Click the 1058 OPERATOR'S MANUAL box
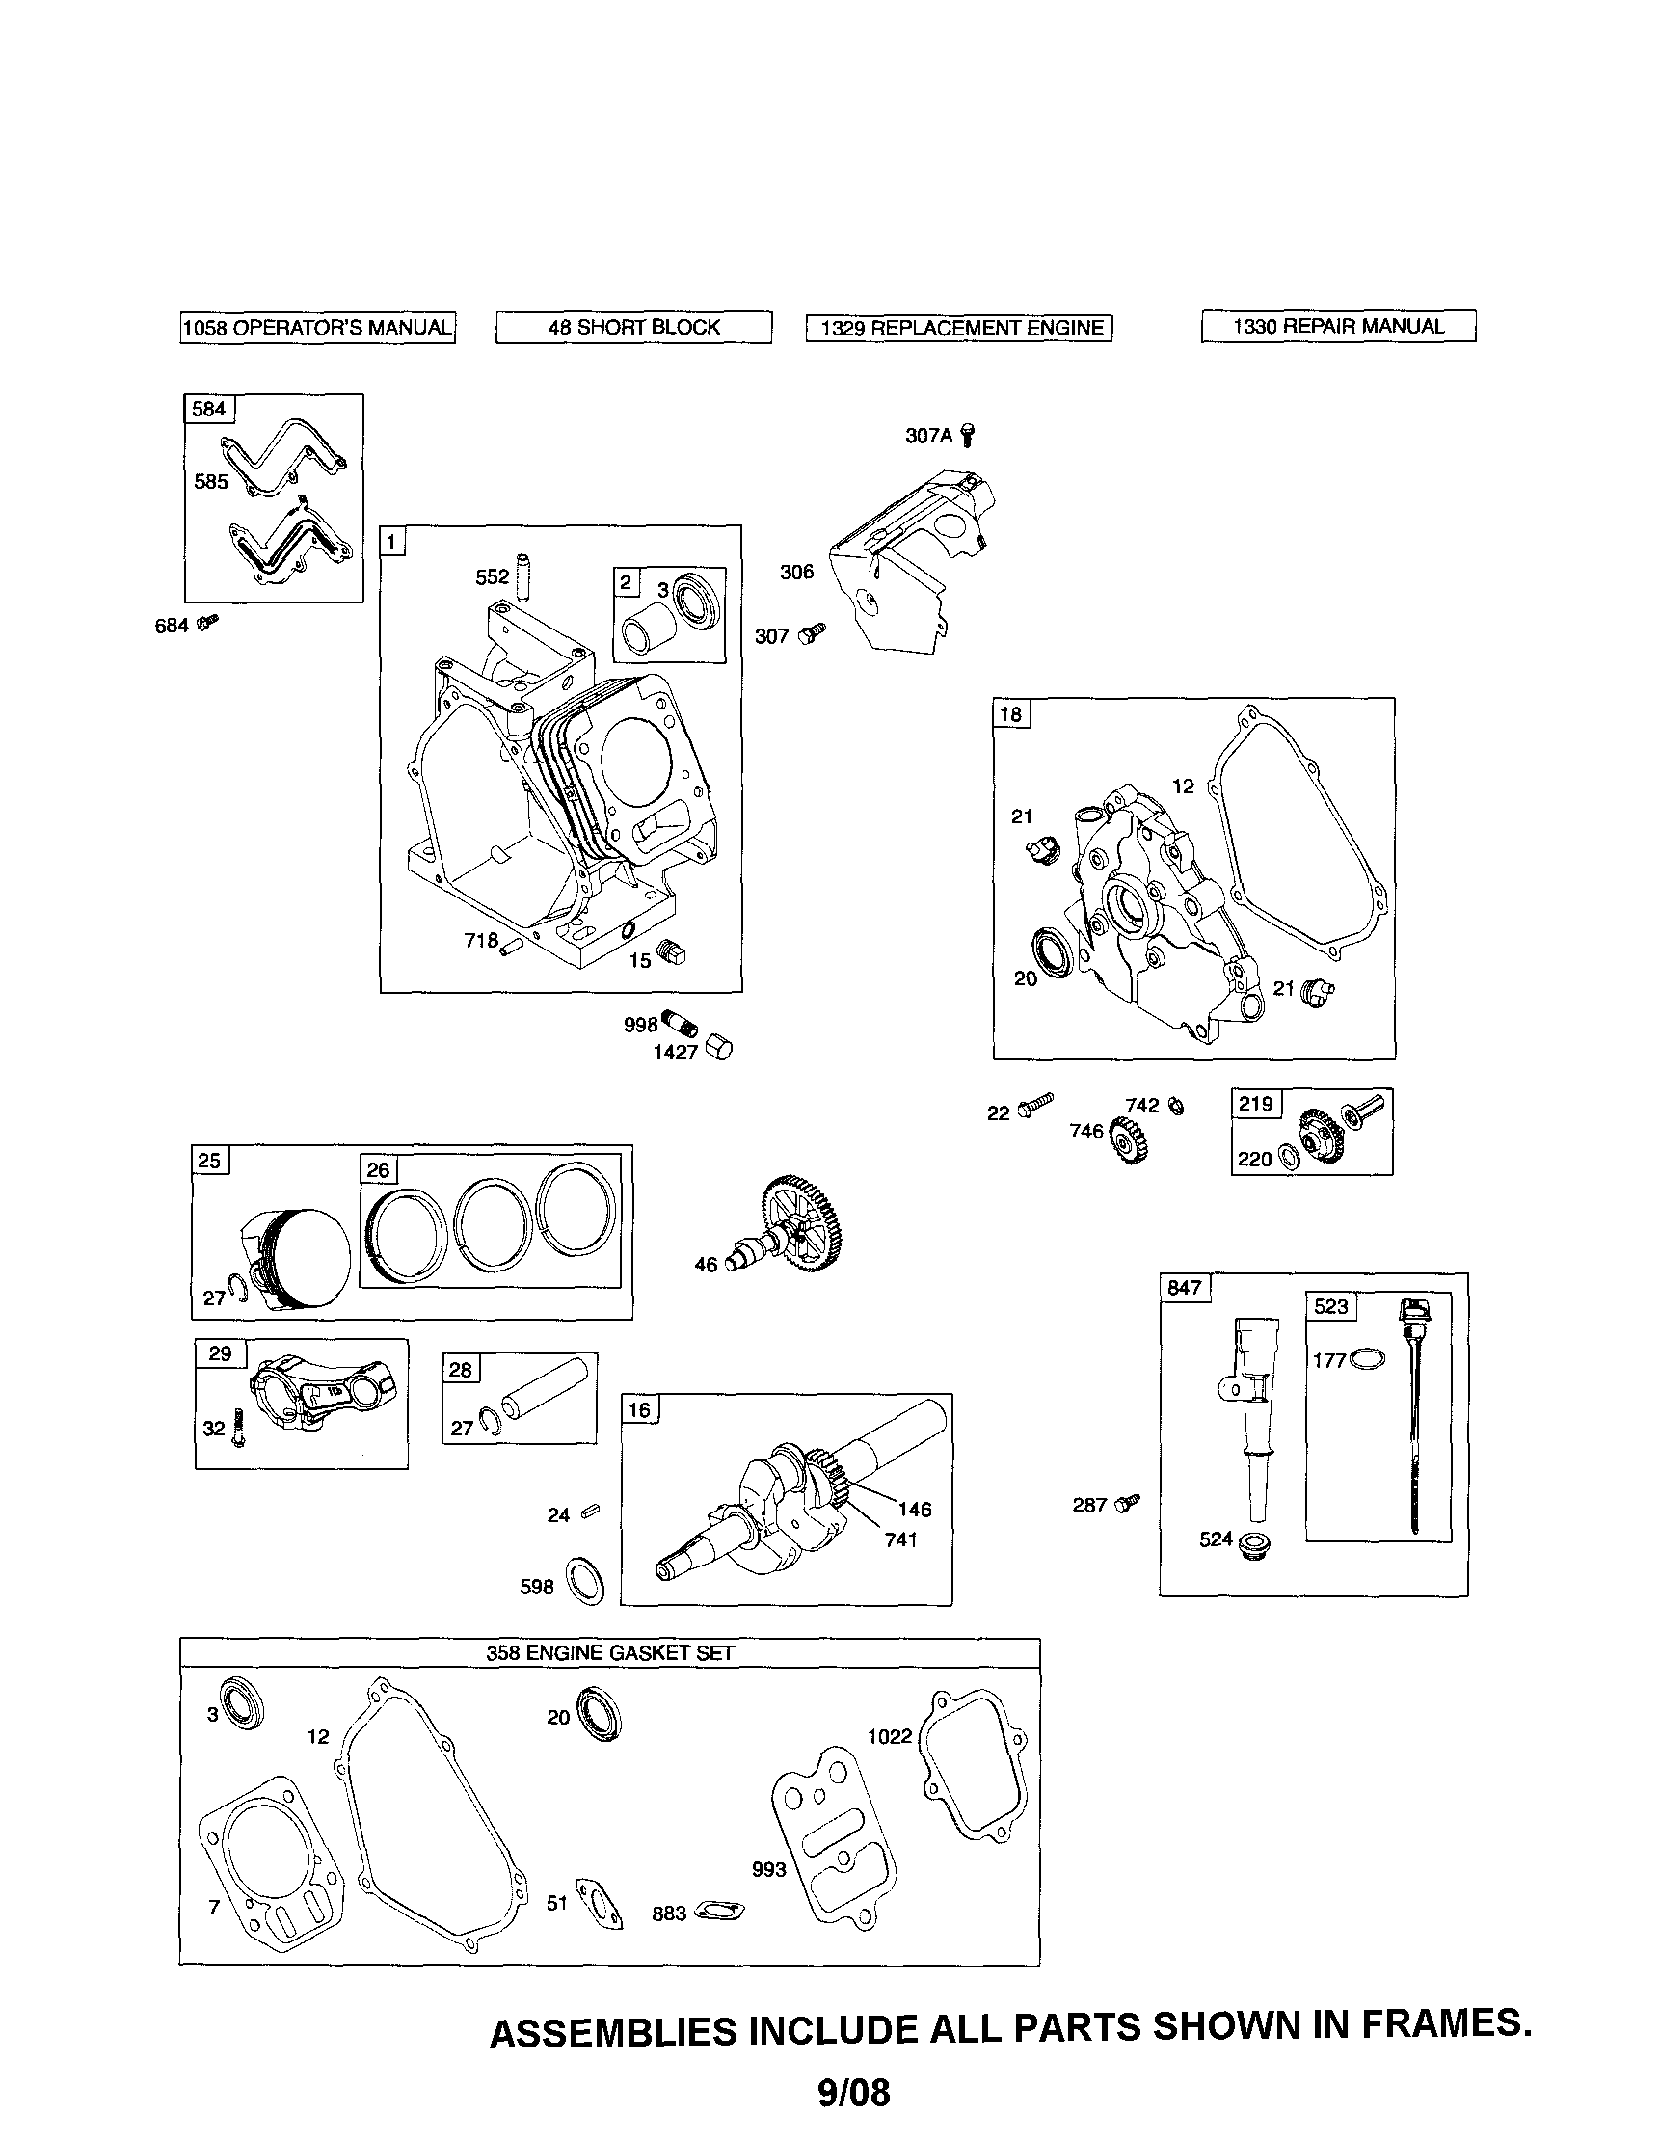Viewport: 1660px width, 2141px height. [x=318, y=328]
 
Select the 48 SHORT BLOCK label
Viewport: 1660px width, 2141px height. [x=633, y=328]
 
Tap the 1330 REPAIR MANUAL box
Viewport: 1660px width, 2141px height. [x=1337, y=327]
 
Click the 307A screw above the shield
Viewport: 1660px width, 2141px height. [x=969, y=436]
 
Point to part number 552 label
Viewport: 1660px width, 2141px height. [x=493, y=577]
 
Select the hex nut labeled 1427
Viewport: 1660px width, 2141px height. [x=721, y=1048]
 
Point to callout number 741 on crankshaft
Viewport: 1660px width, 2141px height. [x=900, y=1540]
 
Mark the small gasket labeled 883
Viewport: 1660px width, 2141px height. [x=718, y=1911]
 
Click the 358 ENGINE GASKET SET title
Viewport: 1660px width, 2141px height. [x=610, y=1653]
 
